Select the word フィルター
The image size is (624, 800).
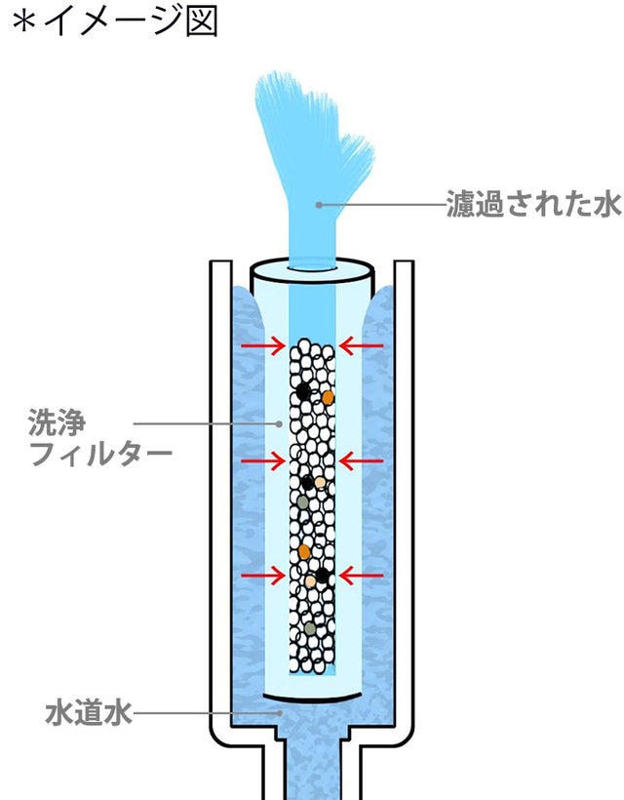tap(101, 454)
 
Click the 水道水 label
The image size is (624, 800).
tap(88, 712)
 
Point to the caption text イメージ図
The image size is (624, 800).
tap(131, 21)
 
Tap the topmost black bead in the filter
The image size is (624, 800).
tap(304, 391)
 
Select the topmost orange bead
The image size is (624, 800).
tap(329, 397)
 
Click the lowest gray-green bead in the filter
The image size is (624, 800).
tap(309, 628)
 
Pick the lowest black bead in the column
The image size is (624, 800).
tap(322, 576)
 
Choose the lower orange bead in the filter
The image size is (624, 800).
tap(305, 552)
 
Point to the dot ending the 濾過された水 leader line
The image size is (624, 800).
tap(319, 205)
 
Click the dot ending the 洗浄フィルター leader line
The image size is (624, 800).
tap(281, 423)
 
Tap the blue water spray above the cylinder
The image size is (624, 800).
tap(310, 146)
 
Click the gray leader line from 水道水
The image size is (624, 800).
tap(205, 712)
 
